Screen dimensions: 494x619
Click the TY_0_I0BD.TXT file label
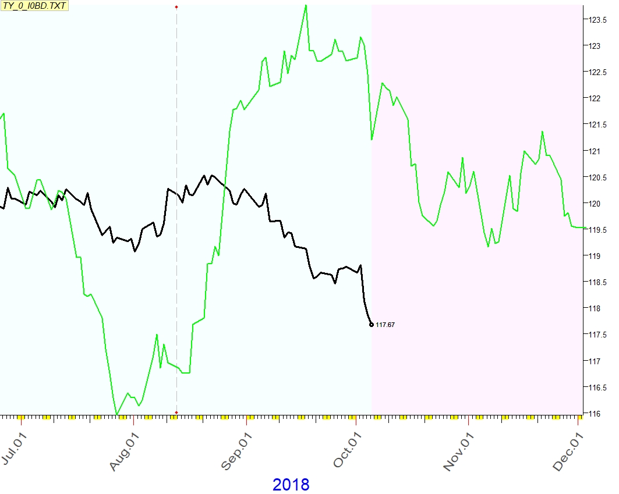pyautogui.click(x=34, y=6)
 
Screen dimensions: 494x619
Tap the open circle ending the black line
pyautogui.click(x=372, y=325)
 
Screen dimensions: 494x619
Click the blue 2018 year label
pyautogui.click(x=291, y=484)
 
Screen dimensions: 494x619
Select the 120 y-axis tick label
pyautogui.click(x=595, y=204)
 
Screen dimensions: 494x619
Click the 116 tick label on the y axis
pyautogui.click(x=595, y=414)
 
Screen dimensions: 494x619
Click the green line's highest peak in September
pyautogui.click(x=306, y=5)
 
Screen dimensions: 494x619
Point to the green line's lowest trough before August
pyautogui.click(x=116, y=414)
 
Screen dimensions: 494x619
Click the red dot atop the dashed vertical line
pyautogui.click(x=176, y=7)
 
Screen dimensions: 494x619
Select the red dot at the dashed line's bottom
pyautogui.click(x=176, y=413)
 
